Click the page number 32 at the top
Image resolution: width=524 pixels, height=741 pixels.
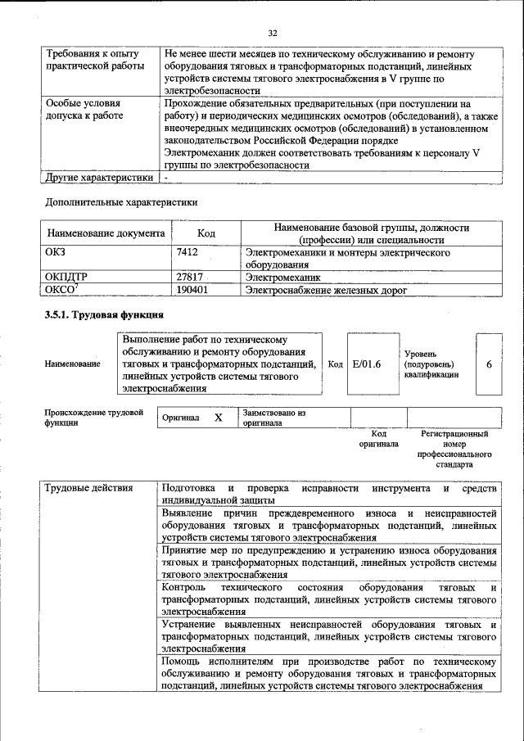pos(273,33)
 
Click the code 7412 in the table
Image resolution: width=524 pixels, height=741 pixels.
pos(187,253)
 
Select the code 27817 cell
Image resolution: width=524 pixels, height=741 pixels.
pos(190,278)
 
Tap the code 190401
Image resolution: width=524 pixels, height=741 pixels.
pos(192,289)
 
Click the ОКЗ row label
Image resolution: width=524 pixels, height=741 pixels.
pos(56,253)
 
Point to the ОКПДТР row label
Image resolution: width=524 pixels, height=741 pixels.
pos(65,278)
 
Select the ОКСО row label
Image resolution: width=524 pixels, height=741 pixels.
pos(62,289)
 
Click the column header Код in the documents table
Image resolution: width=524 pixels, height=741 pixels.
pos(206,233)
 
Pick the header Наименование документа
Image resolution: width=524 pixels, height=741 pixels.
pos(106,233)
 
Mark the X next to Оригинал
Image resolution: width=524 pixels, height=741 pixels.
pos(218,418)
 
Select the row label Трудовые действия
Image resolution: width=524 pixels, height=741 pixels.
pos(88,489)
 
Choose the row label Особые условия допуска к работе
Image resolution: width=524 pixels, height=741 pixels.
pos(84,110)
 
